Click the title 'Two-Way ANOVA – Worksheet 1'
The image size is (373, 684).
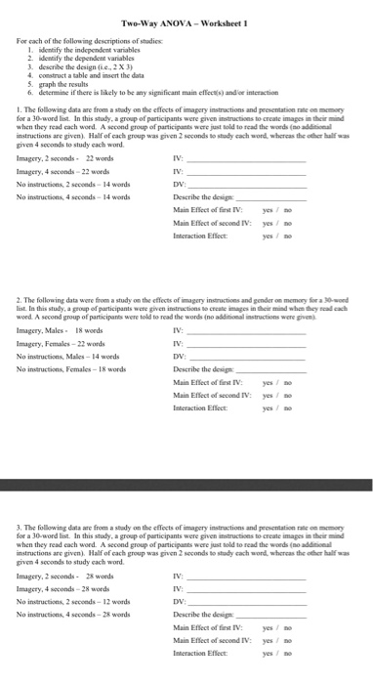[x=186, y=22]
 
